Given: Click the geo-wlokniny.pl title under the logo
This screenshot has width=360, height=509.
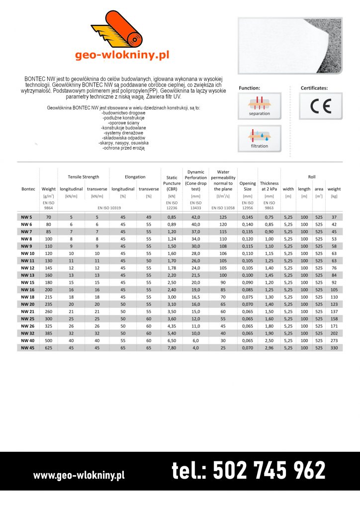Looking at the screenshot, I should pyautogui.click(x=122, y=55).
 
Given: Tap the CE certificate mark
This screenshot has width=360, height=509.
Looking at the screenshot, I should pyautogui.click(x=320, y=106).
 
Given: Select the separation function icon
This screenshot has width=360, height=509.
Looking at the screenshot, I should pyautogui.click(x=260, y=106).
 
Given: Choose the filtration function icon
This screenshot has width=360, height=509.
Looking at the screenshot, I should pyautogui.click(x=260, y=139).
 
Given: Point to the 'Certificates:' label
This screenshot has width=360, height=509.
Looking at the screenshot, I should pyautogui.click(x=314, y=88).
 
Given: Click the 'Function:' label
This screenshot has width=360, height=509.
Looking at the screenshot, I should pyautogui.click(x=249, y=88).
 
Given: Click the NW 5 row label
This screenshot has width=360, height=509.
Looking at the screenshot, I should pyautogui.click(x=26, y=217).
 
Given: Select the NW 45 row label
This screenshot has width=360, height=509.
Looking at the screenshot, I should pyautogui.click(x=28, y=348).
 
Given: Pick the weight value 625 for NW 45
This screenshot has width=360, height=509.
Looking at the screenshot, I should pyautogui.click(x=49, y=348).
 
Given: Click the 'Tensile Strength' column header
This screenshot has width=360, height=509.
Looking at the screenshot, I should pyautogui.click(x=84, y=176).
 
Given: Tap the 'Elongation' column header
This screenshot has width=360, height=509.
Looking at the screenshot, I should pyautogui.click(x=135, y=176).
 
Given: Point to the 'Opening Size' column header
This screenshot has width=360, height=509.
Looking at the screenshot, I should pyautogui.click(x=248, y=186).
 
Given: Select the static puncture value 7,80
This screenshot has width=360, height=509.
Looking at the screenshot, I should pyautogui.click(x=172, y=348).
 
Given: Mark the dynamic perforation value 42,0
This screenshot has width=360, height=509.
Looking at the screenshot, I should pyautogui.click(x=196, y=217).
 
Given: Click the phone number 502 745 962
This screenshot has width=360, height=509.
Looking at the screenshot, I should pyautogui.click(x=249, y=470).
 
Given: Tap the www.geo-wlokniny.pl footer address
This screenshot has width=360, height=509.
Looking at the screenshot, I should pyautogui.click(x=79, y=475).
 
